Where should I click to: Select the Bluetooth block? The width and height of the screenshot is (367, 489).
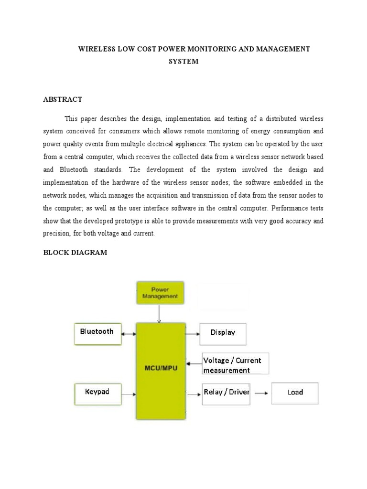97,333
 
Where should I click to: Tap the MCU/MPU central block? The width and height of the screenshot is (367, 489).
161,371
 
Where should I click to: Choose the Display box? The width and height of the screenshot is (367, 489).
223,334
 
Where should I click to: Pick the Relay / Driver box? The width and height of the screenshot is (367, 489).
226,393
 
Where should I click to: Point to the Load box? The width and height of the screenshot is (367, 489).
295,393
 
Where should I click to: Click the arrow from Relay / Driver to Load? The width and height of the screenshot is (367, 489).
260,393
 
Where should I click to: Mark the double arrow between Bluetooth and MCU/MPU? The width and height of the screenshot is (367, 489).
129,334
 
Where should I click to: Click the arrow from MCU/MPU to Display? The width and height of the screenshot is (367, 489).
193,334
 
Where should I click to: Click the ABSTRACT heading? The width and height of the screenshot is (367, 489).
63,99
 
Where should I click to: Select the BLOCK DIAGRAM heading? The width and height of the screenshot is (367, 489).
75,253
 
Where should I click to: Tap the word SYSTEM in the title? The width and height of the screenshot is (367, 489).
183,62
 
